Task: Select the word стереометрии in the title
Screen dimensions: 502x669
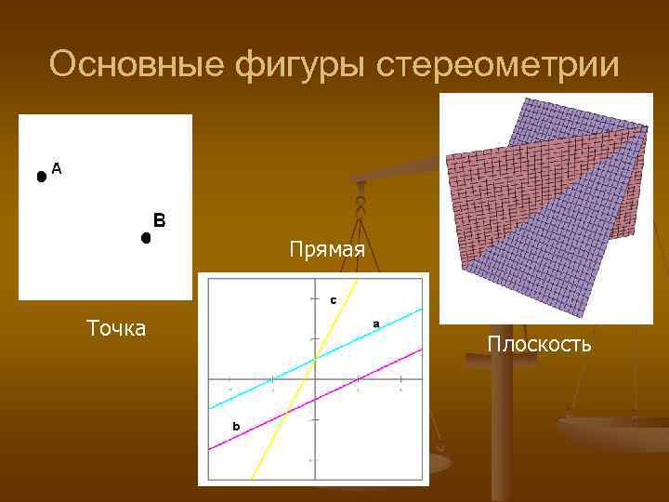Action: pyautogui.click(x=497, y=64)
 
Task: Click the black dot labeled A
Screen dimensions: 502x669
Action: pyautogui.click(x=41, y=176)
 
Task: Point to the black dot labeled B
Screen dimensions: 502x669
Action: pyautogui.click(x=146, y=238)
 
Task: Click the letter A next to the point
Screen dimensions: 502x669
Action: pyautogui.click(x=57, y=168)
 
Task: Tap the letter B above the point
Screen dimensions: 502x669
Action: pyautogui.click(x=159, y=220)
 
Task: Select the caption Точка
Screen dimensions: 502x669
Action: pyautogui.click(x=115, y=327)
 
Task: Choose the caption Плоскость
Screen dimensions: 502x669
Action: pyautogui.click(x=539, y=345)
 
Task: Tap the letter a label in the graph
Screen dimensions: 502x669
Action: pyautogui.click(x=376, y=323)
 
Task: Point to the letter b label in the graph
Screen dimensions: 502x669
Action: pyautogui.click(x=236, y=426)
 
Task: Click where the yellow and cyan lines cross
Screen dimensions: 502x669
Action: pyautogui.click(x=316, y=357)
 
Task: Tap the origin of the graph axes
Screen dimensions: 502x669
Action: pyautogui.click(x=314, y=379)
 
